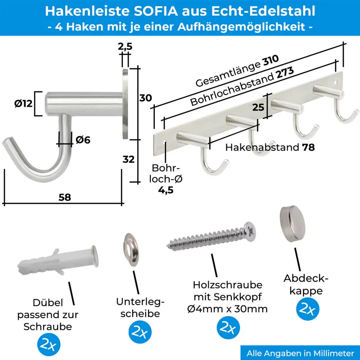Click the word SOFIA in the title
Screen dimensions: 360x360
(x=156, y=11)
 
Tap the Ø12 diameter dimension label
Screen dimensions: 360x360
(x=23, y=103)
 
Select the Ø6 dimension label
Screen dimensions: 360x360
(x=83, y=140)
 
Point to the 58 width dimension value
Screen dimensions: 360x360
(x=65, y=197)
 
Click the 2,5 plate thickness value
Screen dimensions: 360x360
(x=125, y=46)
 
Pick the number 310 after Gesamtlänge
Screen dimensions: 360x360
(x=271, y=60)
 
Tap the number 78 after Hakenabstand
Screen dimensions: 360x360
(x=308, y=148)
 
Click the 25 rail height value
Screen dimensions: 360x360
(x=258, y=107)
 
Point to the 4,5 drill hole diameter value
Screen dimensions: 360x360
(x=166, y=190)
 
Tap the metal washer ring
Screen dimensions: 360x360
(x=131, y=250)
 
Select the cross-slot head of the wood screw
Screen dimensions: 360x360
(x=250, y=231)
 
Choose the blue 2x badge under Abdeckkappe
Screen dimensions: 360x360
(x=307, y=309)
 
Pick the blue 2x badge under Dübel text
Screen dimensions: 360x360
(x=49, y=344)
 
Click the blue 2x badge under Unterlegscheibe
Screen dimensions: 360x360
(x=140, y=332)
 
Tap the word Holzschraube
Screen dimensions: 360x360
(x=228, y=285)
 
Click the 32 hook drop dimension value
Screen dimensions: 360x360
(x=128, y=159)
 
